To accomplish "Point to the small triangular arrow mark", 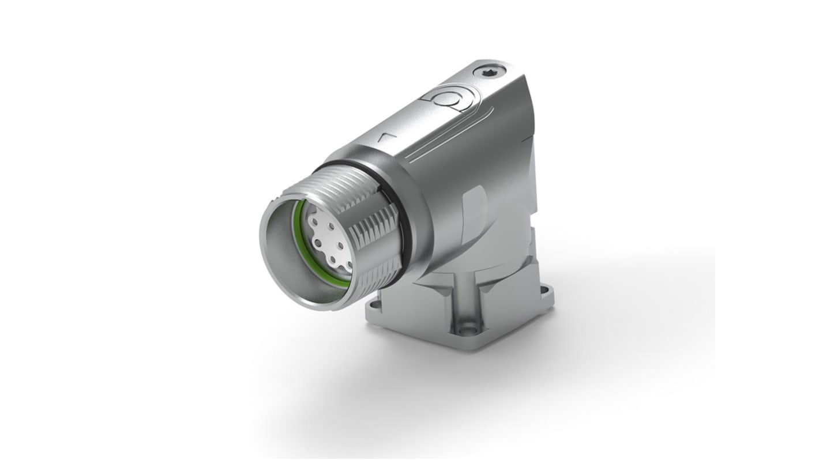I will pos(385,137).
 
